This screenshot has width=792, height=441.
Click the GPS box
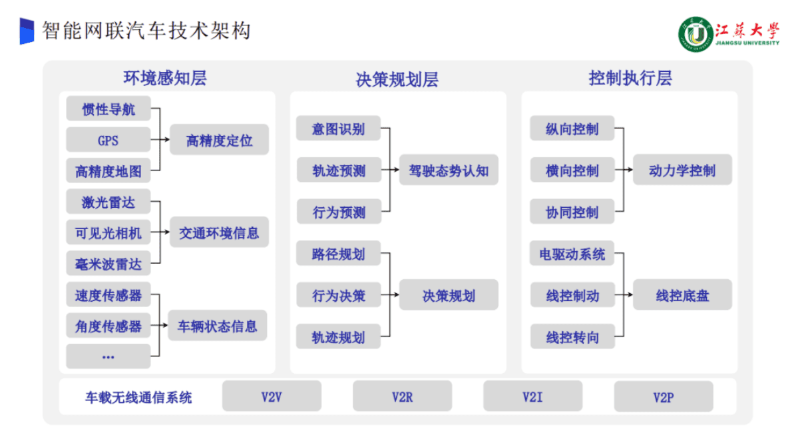pyautogui.click(x=108, y=141)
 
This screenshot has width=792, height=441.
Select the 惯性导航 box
pyautogui.click(x=108, y=109)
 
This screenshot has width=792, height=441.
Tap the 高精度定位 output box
pyautogui.click(x=219, y=141)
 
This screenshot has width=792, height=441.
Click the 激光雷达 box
pyautogui.click(x=108, y=202)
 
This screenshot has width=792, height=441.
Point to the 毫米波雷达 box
pyautogui.click(x=108, y=264)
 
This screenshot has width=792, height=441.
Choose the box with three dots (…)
pyautogui.click(x=108, y=356)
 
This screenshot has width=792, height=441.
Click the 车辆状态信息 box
pyautogui.click(x=217, y=326)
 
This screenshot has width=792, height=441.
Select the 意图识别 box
pyautogui.click(x=338, y=129)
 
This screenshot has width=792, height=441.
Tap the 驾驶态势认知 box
pyautogui.click(x=448, y=171)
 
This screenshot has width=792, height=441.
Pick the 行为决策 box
pyautogui.click(x=338, y=295)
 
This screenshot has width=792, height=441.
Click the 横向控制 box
pyautogui.click(x=572, y=171)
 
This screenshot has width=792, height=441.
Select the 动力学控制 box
pyautogui.click(x=682, y=171)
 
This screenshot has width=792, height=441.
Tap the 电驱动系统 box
pyautogui.click(x=572, y=254)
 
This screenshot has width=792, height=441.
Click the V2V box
pyautogui.click(x=272, y=397)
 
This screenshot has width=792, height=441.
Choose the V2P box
pyautogui.click(x=664, y=398)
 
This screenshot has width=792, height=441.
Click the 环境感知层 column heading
pyautogui.click(x=165, y=78)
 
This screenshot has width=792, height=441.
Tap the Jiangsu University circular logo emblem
pyautogui.click(x=695, y=33)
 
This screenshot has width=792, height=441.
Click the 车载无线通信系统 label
pyautogui.click(x=138, y=398)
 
